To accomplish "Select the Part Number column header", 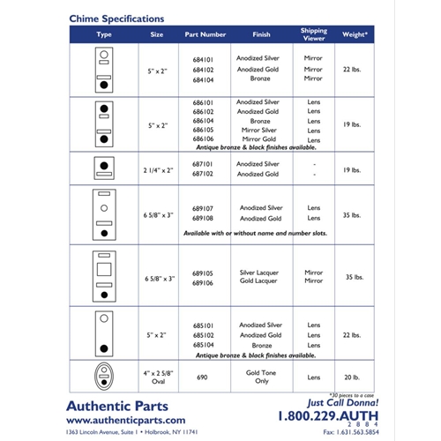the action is click(x=206, y=34).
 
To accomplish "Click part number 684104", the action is click(x=204, y=78).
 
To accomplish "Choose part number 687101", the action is click(x=204, y=164).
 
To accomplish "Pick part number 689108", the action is click(x=204, y=218).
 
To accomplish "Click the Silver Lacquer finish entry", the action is click(x=260, y=273).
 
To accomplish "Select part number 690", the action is click(x=205, y=376).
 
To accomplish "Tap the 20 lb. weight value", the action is click(x=354, y=376).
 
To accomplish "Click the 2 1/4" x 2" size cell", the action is click(x=157, y=168).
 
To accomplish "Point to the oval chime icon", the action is click(x=104, y=375).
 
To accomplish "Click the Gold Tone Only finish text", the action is click(x=260, y=376).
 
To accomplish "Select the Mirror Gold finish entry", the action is click(x=260, y=139).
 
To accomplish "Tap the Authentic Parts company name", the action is click(x=125, y=406).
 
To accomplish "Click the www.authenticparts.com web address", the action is click(x=126, y=421).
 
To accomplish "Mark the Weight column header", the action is click(x=355, y=34).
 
